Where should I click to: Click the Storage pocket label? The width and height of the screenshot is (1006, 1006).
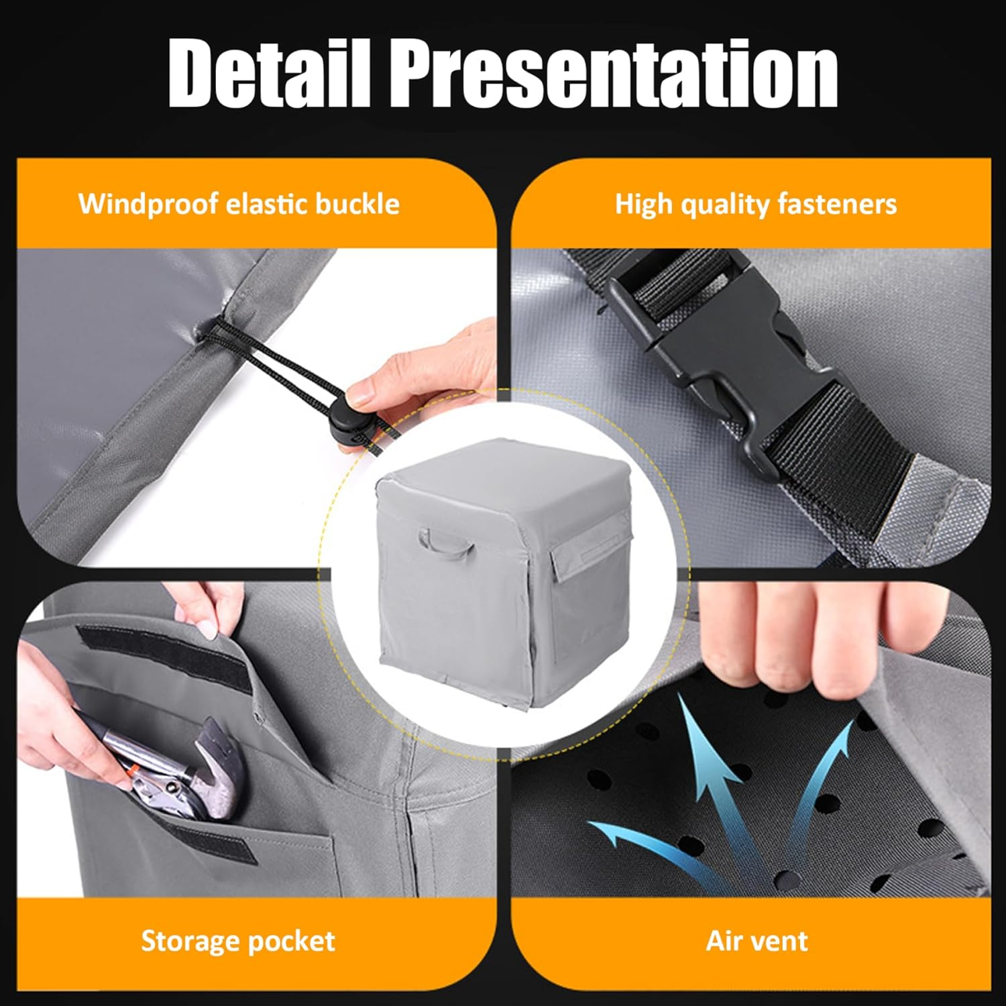click(238, 941)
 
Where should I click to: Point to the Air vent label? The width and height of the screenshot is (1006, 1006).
click(757, 941)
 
